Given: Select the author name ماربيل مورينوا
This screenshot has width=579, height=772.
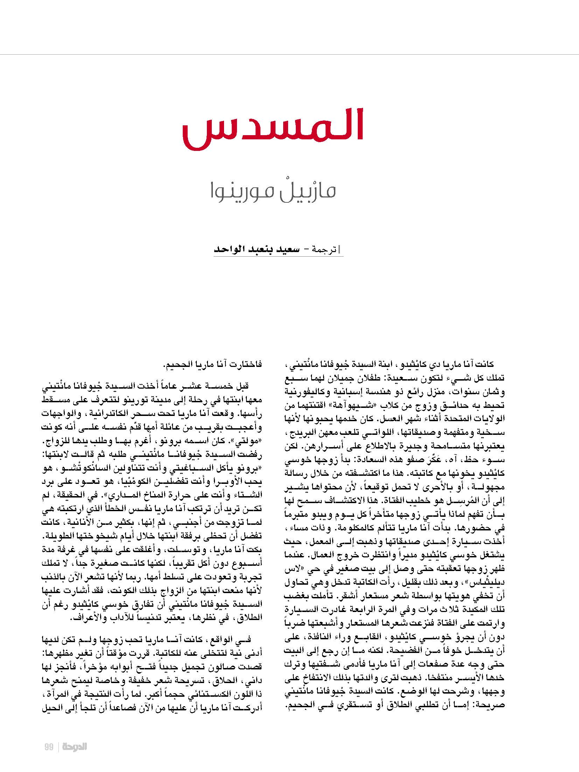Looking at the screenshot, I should [273, 192].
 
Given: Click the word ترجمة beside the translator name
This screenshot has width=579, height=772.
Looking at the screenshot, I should [331, 251].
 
